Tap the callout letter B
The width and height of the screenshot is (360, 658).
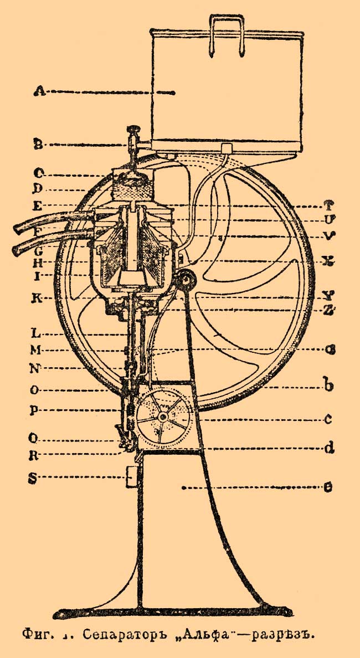point(38,145)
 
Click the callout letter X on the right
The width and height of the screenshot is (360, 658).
point(328,261)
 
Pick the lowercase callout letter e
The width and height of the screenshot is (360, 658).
point(328,489)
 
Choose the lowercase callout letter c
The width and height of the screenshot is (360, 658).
point(328,419)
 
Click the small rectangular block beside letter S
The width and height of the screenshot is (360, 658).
point(131,476)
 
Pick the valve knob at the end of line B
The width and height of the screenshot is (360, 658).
point(134,130)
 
